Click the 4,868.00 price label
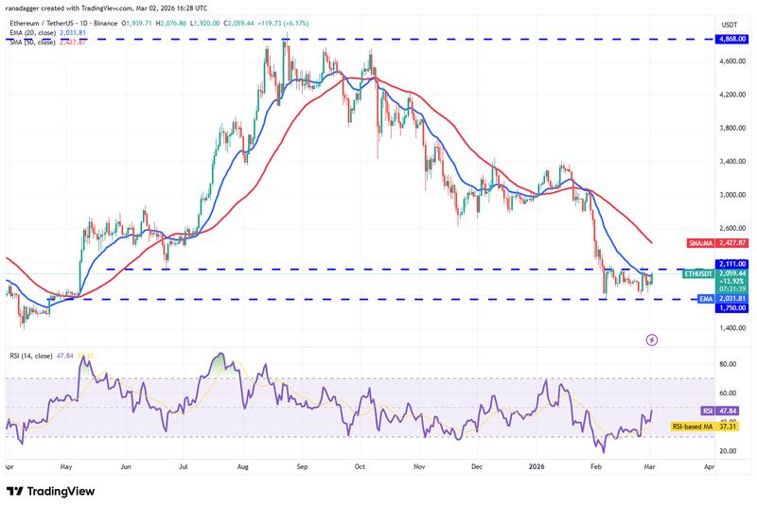point(729,40)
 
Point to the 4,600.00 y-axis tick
point(729,61)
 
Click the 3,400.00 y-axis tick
point(729,162)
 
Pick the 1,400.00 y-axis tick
point(729,328)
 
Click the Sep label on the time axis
point(302,467)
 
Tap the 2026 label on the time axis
point(537,467)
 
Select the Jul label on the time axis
point(184,467)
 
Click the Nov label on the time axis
point(418,467)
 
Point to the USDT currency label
point(729,25)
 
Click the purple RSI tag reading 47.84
point(729,412)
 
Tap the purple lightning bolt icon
point(651,339)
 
